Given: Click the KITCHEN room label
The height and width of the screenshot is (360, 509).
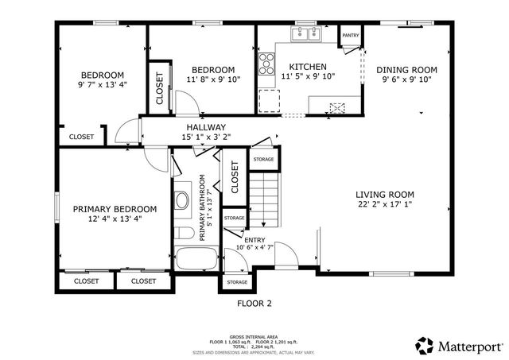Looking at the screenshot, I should point(307,67).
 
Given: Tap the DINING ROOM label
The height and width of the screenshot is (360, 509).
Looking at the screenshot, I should point(407,69).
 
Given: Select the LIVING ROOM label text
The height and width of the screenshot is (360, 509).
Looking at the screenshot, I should point(385,195).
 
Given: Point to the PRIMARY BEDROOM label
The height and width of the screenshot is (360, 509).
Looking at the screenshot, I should point(115,209).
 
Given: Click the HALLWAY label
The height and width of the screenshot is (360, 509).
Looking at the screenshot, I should point(206,127).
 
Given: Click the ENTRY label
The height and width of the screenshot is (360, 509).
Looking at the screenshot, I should point(254,240).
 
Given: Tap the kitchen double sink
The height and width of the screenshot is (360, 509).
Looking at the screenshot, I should point(305,34).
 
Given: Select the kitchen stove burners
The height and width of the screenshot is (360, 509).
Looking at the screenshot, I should point(265,64).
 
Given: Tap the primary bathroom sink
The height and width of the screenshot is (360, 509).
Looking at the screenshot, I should point(181,199).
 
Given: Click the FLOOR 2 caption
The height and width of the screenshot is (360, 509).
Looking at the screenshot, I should point(254,303).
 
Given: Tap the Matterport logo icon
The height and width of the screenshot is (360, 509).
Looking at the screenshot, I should point(425,345).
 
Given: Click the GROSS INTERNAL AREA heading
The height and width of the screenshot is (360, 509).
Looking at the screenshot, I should point(254,336).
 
